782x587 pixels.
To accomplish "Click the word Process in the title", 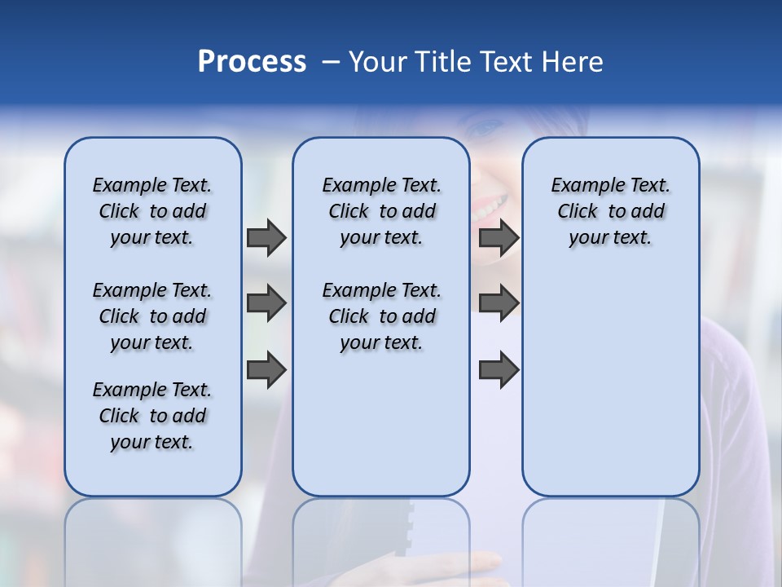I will (252, 61).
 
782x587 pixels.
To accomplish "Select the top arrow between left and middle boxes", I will (266, 238).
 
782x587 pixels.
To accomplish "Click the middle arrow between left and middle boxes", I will (266, 304).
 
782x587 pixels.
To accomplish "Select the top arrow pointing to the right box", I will (499, 238).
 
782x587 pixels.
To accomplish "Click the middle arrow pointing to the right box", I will (499, 304).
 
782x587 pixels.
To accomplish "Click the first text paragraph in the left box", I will (152, 211).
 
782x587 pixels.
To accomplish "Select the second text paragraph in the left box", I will (152, 316).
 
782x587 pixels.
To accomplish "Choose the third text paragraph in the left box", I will (152, 416).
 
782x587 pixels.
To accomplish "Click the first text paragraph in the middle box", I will (381, 211).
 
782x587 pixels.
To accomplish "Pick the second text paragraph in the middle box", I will (381, 316).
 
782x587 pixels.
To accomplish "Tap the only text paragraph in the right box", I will (610, 211).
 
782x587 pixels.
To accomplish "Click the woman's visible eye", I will (486, 129).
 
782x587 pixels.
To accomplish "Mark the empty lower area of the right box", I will (610, 391).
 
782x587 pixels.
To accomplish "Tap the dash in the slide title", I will (331, 62).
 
